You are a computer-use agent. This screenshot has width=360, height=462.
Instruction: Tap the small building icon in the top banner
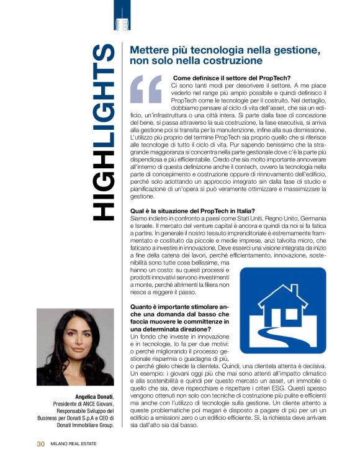123,24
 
